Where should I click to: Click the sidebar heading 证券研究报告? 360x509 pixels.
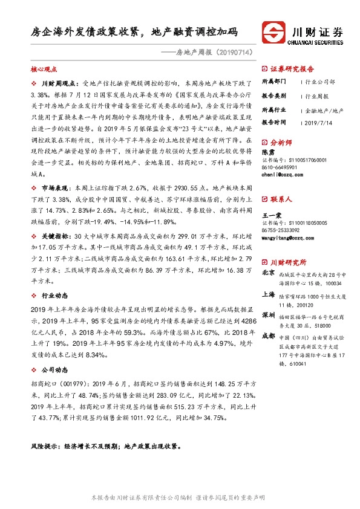[292, 68]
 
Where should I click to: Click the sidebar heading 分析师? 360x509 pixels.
[282, 143]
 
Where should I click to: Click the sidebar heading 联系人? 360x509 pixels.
[282, 198]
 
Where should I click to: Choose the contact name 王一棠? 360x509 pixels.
[272, 215]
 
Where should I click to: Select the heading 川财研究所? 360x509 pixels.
[288, 261]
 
